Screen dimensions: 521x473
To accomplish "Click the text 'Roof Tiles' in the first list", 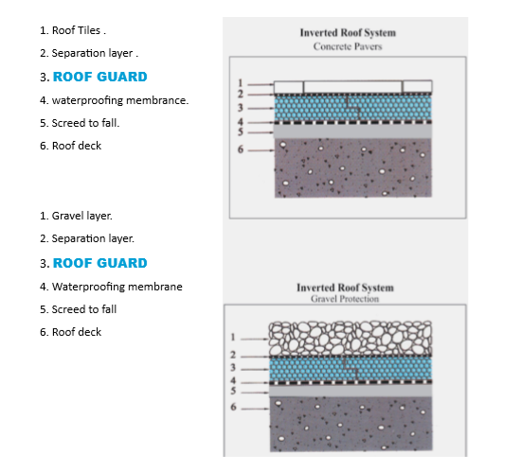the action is pos(76,30).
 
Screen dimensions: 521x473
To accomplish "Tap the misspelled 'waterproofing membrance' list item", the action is pos(120,100).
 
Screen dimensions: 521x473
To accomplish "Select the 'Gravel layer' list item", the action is pos(82,216).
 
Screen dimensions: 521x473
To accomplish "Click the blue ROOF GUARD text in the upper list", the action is pos(100,77).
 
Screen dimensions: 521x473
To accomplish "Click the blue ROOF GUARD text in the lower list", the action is pos(100,263).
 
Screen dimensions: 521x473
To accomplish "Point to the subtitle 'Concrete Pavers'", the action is pos(348,46).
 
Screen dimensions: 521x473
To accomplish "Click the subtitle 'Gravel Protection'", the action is pos(345,299).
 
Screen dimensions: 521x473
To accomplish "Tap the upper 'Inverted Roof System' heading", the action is pos(348,33).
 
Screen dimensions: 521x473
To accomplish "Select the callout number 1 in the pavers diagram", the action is pos(241,83).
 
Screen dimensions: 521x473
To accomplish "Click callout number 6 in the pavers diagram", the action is pos(241,149).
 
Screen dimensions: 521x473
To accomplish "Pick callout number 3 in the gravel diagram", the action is pos(233,367).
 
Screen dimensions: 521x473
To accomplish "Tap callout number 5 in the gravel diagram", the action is pos(233,391).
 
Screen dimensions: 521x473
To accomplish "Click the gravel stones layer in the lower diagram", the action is pos(350,339).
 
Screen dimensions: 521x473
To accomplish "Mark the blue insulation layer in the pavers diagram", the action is pos(353,108).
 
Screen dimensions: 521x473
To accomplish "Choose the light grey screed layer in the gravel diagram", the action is pos(350,391).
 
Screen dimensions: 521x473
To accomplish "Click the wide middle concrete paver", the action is pos(352,87).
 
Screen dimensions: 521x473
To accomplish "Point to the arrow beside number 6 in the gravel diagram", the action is pos(255,409).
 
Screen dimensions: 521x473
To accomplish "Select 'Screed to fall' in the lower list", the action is pos(84,309).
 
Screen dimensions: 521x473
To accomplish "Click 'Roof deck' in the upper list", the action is pos(77,146).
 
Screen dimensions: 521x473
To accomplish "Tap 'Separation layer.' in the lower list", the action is pos(93,238).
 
